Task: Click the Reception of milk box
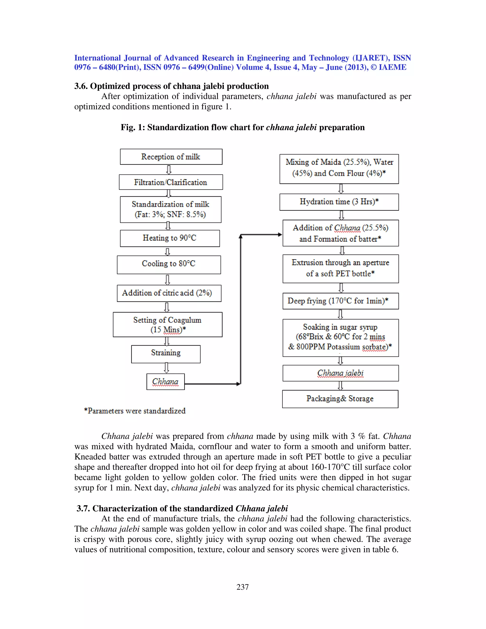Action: pyautogui.click(x=171, y=157)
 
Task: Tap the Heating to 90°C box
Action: pyautogui.click(x=170, y=238)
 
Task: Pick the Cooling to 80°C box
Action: pyautogui.click(x=169, y=264)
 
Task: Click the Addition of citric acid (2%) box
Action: pyautogui.click(x=169, y=293)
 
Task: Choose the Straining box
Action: pyautogui.click(x=166, y=354)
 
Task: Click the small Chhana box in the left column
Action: pyautogui.click(x=165, y=382)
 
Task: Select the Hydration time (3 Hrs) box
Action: pyautogui.click(x=339, y=202)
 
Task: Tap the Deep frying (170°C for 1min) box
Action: pyautogui.click(x=340, y=301)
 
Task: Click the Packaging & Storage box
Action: pyautogui.click(x=340, y=399)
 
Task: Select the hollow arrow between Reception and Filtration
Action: pyautogui.click(x=169, y=170)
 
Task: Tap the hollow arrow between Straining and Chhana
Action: pyautogui.click(x=166, y=368)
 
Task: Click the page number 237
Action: pyautogui.click(x=243, y=587)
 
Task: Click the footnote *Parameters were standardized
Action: pyautogui.click(x=135, y=411)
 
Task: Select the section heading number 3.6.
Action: pyautogui.click(x=81, y=86)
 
